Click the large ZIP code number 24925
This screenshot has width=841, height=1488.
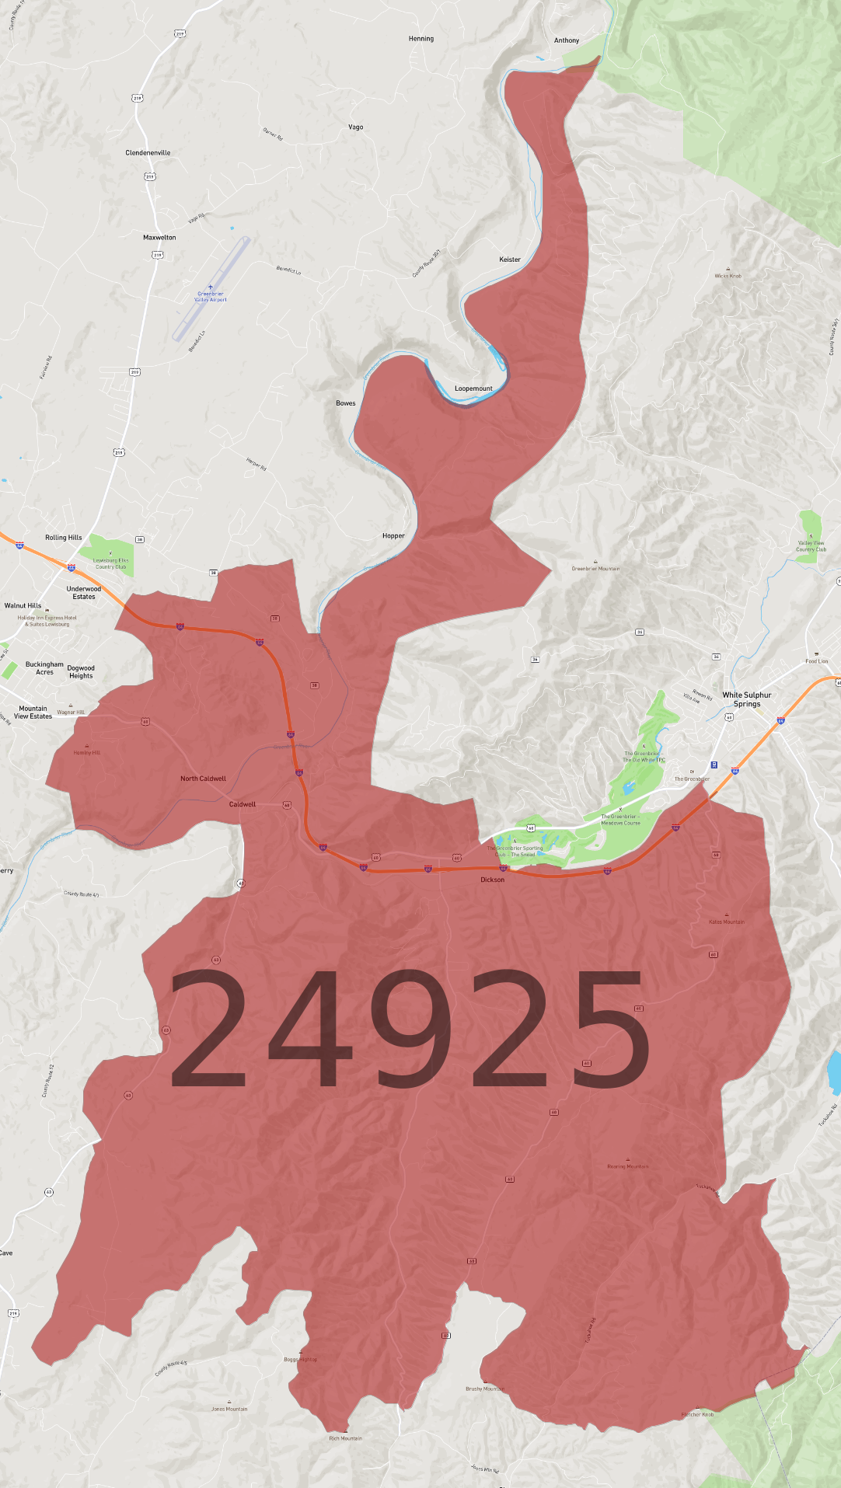pos(410,1029)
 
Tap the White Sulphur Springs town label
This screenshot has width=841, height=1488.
pos(746,699)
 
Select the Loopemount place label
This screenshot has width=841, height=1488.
pos(473,389)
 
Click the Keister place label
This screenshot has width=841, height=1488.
pos(510,260)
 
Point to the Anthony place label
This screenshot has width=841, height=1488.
pos(567,40)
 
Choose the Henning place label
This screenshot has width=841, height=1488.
pos(421,39)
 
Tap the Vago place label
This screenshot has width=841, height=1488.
pos(356,127)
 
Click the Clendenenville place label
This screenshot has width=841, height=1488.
pos(148,153)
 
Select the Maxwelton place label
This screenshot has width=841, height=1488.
pos(159,238)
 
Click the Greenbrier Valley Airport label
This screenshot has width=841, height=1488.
pos(211,297)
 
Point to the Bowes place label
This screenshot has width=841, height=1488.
pos(346,403)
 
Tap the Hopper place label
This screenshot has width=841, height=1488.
pos(393,536)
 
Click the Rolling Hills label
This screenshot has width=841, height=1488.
pos(64,538)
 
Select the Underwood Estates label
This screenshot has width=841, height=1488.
pos(84,593)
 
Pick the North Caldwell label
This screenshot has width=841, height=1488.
pos(203,779)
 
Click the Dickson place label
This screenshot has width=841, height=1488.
pos(492,880)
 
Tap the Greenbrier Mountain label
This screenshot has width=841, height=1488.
pos(595,569)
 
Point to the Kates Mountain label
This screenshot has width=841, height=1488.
pos(727,922)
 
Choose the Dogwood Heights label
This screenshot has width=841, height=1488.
pos(81,672)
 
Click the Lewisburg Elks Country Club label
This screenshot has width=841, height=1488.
pos(110,563)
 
